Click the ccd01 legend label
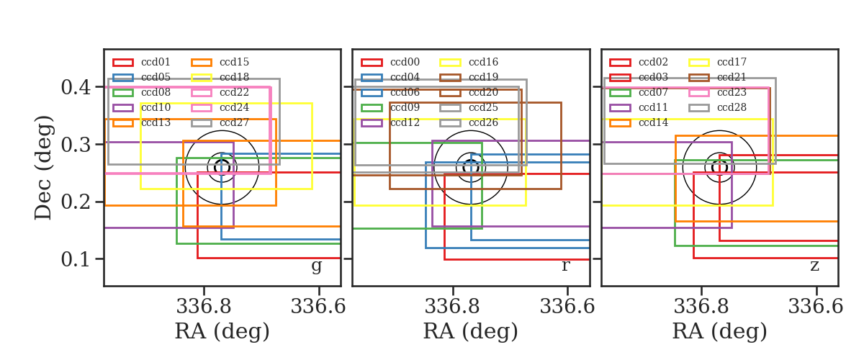click(x=156, y=62)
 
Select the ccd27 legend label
click(x=234, y=122)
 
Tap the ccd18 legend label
click(x=234, y=77)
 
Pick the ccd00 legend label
click(x=405, y=62)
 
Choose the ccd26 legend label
click(x=483, y=122)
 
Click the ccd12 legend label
click(x=405, y=122)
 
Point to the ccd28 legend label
click(x=732, y=107)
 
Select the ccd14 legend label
click(x=653, y=122)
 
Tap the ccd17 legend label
click(x=732, y=62)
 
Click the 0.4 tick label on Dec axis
click(x=76, y=87)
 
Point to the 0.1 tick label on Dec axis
click(x=76, y=259)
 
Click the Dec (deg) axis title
click(x=42, y=168)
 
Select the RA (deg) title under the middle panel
click(x=471, y=331)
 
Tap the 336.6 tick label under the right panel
click(x=815, y=307)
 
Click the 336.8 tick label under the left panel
click(x=204, y=307)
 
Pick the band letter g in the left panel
click(x=316, y=266)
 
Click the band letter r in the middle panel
click(x=565, y=266)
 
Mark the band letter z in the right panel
click(x=814, y=266)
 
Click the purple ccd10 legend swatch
click(x=123, y=108)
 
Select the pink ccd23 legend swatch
click(x=698, y=93)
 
